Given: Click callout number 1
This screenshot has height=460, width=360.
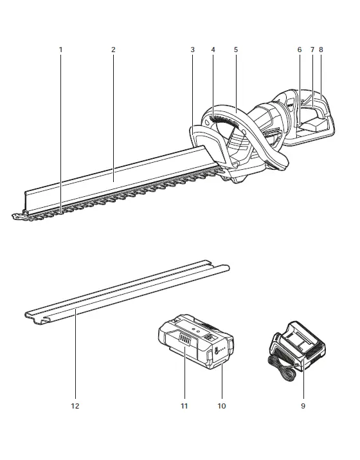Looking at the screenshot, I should click(61, 50).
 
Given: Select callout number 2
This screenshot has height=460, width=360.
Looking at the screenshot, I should click(113, 50).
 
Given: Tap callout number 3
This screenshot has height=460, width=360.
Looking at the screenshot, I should click(193, 50).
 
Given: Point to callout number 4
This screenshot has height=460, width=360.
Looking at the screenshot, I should click(213, 50).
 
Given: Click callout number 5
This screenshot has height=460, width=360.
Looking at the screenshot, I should click(235, 50).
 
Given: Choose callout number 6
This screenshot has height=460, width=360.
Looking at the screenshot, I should click(300, 50).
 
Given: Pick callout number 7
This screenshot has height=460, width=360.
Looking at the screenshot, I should click(312, 50).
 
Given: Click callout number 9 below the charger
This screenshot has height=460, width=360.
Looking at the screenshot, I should click(302, 406).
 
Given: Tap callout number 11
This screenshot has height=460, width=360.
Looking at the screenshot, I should click(184, 406).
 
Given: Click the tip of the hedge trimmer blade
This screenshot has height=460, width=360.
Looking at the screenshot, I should click(15, 217).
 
